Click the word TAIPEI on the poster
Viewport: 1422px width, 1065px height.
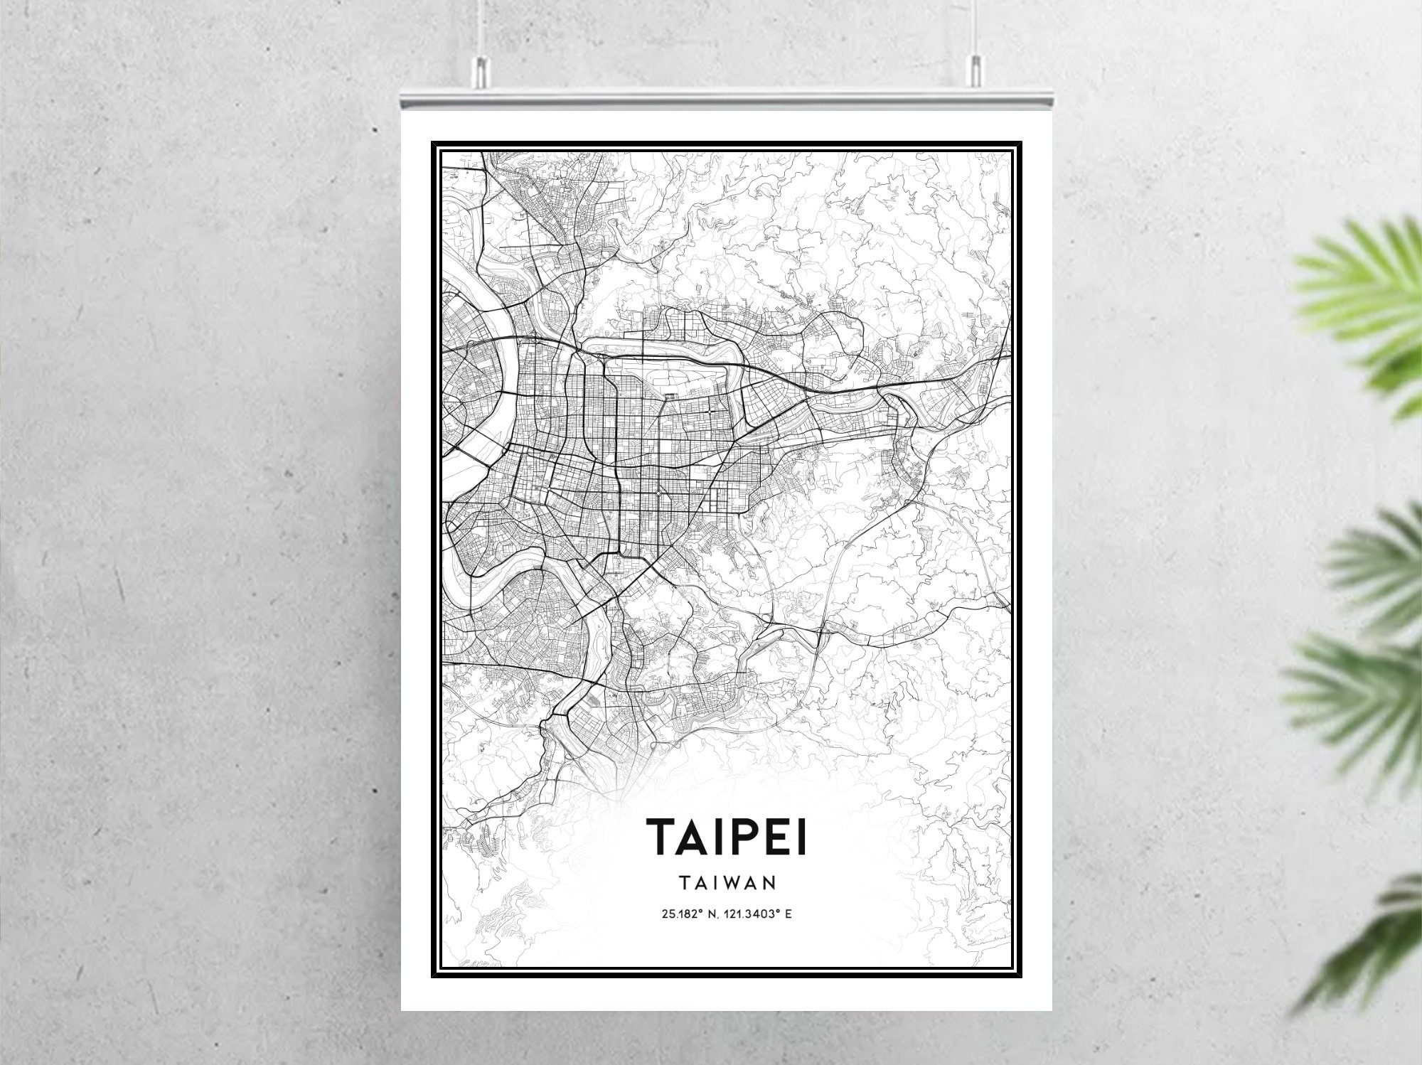click(726, 836)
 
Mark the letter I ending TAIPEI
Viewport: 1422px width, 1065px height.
click(803, 836)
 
